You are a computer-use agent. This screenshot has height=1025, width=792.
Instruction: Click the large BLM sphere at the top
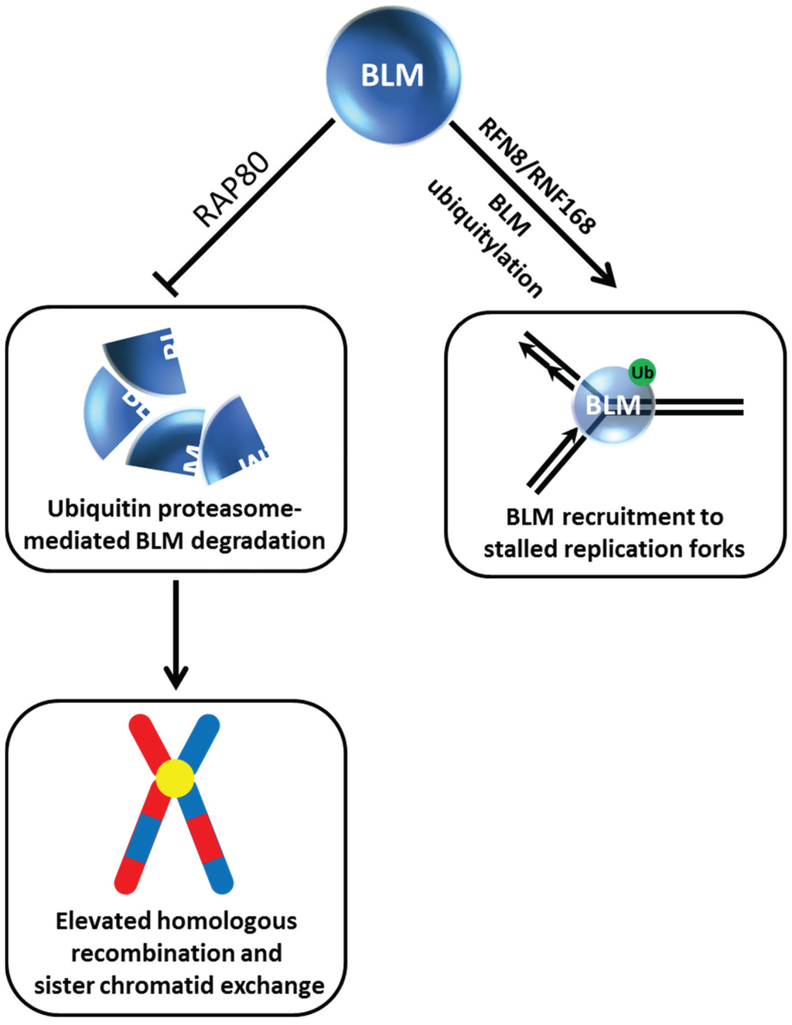click(x=393, y=76)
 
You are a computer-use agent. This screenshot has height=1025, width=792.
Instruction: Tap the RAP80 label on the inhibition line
click(x=231, y=190)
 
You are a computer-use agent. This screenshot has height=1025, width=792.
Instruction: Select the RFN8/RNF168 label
click(x=537, y=176)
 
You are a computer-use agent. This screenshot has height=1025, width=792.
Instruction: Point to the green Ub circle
click(x=642, y=373)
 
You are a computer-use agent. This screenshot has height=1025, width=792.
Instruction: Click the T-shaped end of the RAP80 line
click(x=166, y=283)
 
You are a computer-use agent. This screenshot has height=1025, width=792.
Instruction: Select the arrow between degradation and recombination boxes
click(x=176, y=634)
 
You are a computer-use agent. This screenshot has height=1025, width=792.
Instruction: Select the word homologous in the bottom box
click(x=226, y=921)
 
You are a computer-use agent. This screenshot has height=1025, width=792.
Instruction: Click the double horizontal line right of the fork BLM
click(x=700, y=407)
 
